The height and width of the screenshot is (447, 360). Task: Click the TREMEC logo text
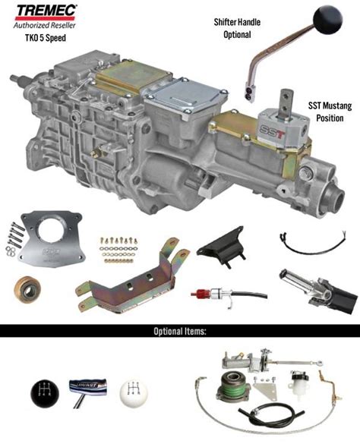tap(46, 11)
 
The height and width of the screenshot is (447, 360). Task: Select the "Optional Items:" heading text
tap(180, 331)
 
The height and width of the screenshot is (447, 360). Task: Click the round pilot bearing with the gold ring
tap(27, 290)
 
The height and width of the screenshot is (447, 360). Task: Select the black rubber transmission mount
tap(221, 247)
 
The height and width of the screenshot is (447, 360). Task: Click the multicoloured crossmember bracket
tap(133, 279)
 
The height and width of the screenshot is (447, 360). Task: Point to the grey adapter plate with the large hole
tap(52, 239)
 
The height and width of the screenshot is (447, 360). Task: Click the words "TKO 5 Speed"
tap(46, 38)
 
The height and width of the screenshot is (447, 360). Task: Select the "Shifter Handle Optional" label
tap(237, 28)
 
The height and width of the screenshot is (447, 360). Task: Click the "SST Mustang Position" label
tap(330, 112)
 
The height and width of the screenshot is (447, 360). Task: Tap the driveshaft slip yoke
tap(318, 291)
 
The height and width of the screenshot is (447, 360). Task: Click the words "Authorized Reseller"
tap(45, 25)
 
